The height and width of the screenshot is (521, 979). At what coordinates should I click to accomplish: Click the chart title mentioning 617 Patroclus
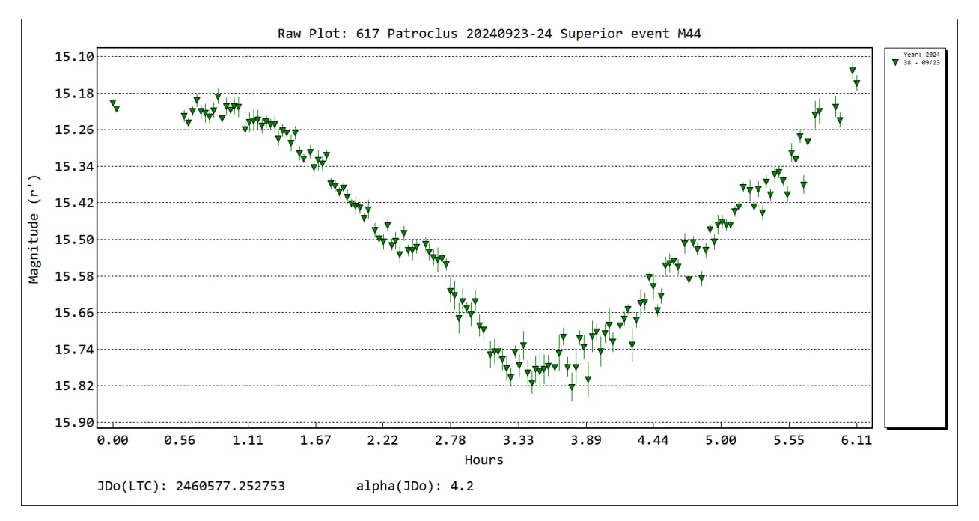pyautogui.click(x=489, y=34)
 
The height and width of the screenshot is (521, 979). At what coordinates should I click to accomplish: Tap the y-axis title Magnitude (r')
pyautogui.click(x=34, y=229)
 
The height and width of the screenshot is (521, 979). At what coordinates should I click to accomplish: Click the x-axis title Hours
pyautogui.click(x=484, y=460)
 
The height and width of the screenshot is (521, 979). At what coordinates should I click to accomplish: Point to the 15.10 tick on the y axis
pyautogui.click(x=74, y=57)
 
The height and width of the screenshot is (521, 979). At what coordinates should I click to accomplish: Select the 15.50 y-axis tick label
pyautogui.click(x=74, y=240)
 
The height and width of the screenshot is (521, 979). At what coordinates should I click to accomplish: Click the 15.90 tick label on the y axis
pyautogui.click(x=74, y=422)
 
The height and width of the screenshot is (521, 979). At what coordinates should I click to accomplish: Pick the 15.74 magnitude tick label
pyautogui.click(x=74, y=350)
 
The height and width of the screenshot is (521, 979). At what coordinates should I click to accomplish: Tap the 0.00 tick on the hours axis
pyautogui.click(x=112, y=440)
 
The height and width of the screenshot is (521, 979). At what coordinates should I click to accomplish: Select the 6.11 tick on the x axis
pyautogui.click(x=856, y=440)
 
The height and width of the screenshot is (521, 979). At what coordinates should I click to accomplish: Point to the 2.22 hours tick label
pyautogui.click(x=383, y=440)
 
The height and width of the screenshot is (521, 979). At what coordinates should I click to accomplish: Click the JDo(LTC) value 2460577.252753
pyautogui.click(x=230, y=487)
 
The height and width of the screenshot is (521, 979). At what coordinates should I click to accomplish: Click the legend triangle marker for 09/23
pyautogui.click(x=895, y=63)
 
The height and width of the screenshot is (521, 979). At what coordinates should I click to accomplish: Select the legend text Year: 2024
pyautogui.click(x=921, y=55)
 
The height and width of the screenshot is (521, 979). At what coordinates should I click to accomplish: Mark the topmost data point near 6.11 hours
pyautogui.click(x=853, y=70)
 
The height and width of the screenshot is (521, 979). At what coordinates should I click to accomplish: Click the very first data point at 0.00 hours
pyautogui.click(x=112, y=103)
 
